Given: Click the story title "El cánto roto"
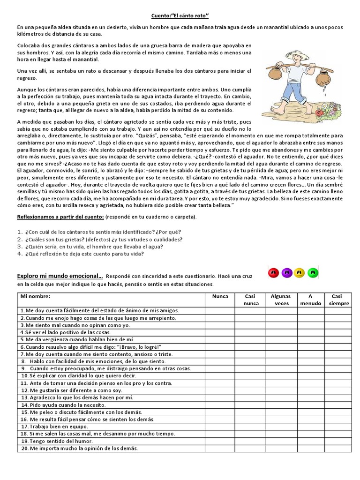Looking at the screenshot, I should point(180,16).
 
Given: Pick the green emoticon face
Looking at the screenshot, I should point(315,272).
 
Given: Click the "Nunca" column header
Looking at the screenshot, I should point(220,296).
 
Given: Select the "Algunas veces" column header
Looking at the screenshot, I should point(280,300).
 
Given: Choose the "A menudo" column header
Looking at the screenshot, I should point(310,300).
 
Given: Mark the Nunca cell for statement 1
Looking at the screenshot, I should point(220,310).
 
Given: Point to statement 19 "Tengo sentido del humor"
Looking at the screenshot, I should point(56,441).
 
